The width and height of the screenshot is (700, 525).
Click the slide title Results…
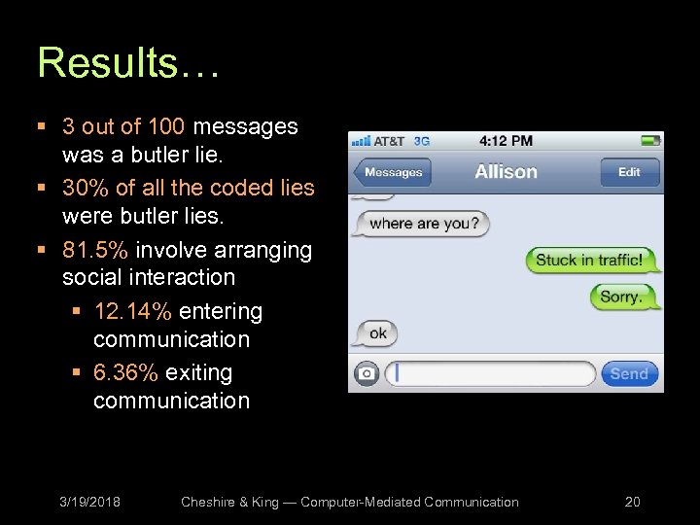click(129, 63)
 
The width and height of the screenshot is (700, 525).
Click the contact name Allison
click(506, 172)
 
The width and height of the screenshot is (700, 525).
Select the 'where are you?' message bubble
click(424, 224)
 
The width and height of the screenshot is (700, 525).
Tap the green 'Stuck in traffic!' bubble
click(591, 260)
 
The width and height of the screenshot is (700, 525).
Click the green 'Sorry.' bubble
click(623, 297)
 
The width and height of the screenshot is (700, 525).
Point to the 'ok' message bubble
click(376, 333)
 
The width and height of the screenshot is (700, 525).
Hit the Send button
click(628, 373)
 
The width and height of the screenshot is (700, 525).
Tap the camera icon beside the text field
click(367, 373)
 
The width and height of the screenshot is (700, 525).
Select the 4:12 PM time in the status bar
click(506, 141)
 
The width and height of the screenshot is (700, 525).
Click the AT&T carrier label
click(389, 141)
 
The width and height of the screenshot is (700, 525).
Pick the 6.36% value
click(126, 373)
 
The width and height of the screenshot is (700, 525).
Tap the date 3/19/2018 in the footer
click(89, 502)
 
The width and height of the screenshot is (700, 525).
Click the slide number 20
click(632, 502)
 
